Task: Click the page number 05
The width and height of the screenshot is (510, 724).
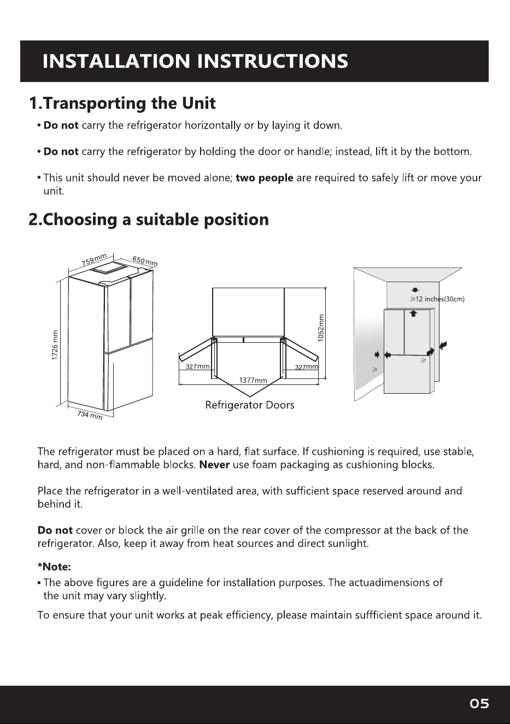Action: (479, 703)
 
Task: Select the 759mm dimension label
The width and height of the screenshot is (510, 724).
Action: (94, 260)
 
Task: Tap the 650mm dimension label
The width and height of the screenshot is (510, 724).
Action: (145, 261)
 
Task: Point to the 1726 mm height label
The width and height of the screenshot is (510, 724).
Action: (55, 345)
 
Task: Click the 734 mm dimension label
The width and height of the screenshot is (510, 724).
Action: (90, 414)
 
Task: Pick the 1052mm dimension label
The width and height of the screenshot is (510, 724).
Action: (321, 328)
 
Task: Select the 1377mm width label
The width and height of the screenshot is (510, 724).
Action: (253, 380)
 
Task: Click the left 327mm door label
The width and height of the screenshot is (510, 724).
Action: (197, 366)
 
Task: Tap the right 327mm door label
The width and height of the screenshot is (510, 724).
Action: (307, 366)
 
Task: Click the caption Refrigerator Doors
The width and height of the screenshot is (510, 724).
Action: (250, 405)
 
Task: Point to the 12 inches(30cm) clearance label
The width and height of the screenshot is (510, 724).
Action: (438, 299)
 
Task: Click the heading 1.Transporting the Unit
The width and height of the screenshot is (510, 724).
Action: (122, 103)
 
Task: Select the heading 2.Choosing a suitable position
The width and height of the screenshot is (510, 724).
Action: (149, 219)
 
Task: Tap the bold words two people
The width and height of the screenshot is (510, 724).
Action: (265, 178)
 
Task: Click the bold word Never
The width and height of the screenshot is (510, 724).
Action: (215, 465)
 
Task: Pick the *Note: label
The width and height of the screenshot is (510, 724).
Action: (54, 567)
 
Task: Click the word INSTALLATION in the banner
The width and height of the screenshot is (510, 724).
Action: (116, 61)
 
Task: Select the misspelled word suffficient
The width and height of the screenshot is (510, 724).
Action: (378, 615)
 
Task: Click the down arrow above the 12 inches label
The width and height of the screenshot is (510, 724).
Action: (415, 290)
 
